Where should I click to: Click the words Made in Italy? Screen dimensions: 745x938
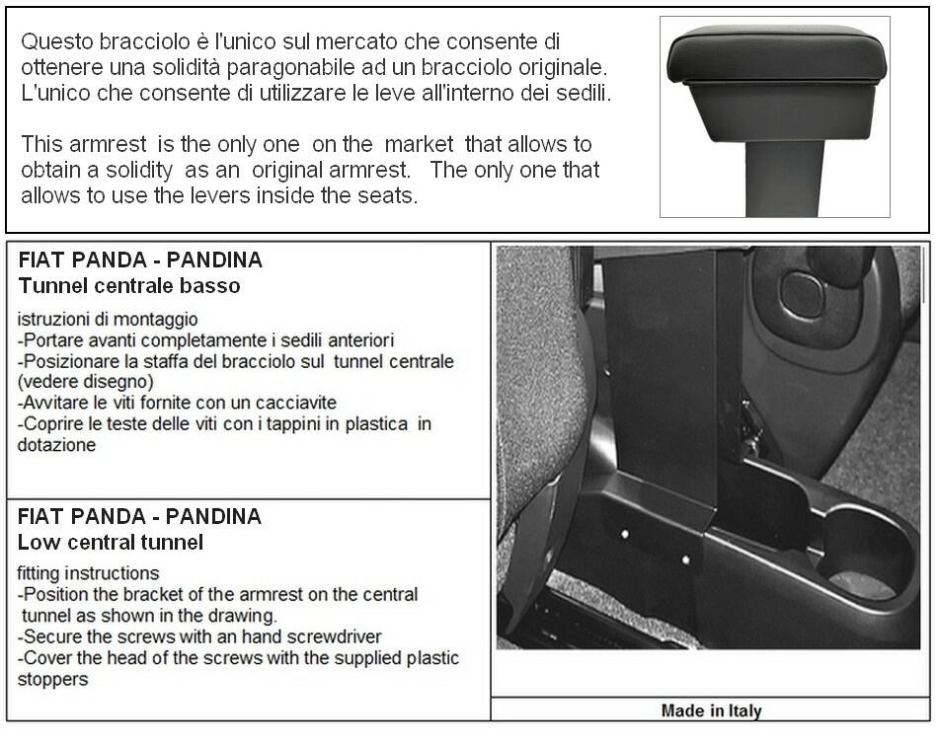coord(711,710)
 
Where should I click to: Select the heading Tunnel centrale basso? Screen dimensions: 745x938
coord(129,286)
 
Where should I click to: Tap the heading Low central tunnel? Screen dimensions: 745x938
coord(111,542)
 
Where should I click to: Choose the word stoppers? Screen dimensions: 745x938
coord(52,679)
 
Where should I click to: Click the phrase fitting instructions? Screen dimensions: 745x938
coord(88,573)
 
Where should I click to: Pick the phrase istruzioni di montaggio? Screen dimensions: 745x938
coord(108,319)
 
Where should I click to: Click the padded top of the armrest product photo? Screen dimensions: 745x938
coord(775,54)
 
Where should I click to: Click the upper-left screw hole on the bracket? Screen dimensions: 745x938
coord(626,534)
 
